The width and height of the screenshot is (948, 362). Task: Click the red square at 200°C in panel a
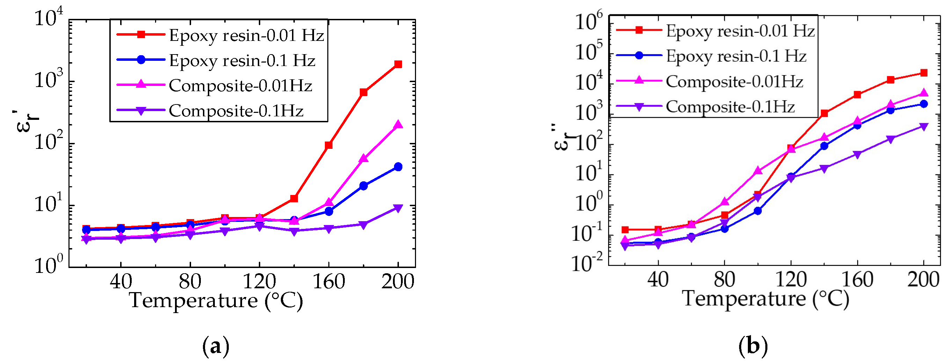[398, 64]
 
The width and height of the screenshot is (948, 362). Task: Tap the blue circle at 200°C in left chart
[398, 167]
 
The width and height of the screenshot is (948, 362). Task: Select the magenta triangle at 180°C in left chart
[364, 158]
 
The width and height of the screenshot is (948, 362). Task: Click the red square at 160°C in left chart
[329, 145]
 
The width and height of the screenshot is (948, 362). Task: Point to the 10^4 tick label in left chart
[48, 18]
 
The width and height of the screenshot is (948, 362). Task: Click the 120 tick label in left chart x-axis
[259, 282]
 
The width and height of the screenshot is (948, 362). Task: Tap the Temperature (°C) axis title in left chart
[216, 301]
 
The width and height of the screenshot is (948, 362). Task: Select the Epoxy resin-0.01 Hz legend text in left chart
[246, 35]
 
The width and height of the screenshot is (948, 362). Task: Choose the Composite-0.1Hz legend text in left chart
[236, 110]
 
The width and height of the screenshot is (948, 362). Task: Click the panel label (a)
[216, 347]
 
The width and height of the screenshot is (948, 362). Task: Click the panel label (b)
[753, 347]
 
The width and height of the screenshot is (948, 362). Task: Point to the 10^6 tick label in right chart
[589, 21]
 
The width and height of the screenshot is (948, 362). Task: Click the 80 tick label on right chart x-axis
[724, 280]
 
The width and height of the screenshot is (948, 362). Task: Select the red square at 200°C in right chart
[923, 73]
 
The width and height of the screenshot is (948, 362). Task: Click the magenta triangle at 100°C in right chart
[758, 171]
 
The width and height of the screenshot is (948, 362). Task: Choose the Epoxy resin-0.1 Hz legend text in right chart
[736, 56]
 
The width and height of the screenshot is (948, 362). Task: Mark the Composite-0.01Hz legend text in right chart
[734, 81]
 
